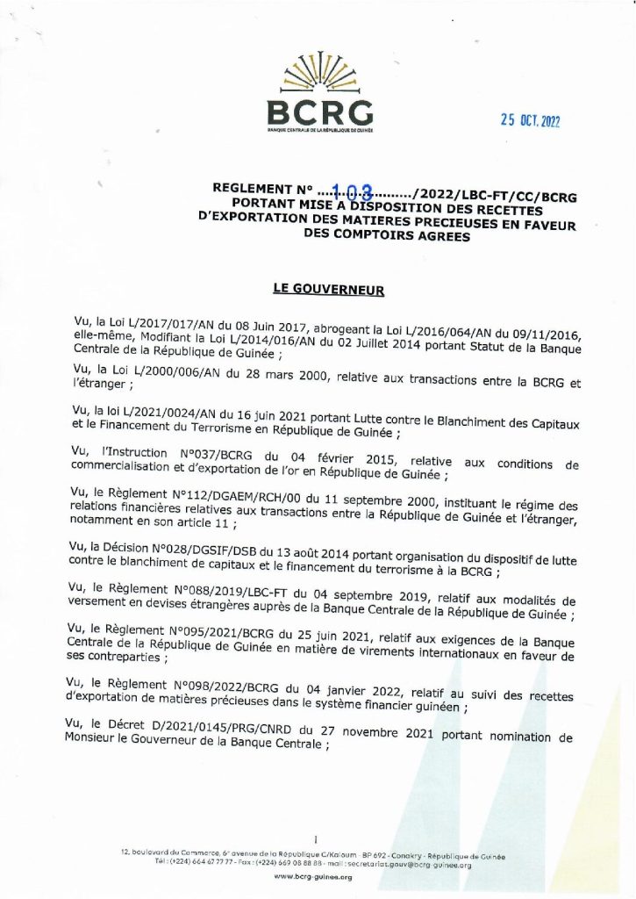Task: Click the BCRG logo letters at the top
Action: click(x=320, y=111)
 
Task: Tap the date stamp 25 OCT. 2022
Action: click(x=530, y=122)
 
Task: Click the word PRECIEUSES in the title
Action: click(x=456, y=222)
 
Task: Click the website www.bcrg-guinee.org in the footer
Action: click(x=313, y=877)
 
